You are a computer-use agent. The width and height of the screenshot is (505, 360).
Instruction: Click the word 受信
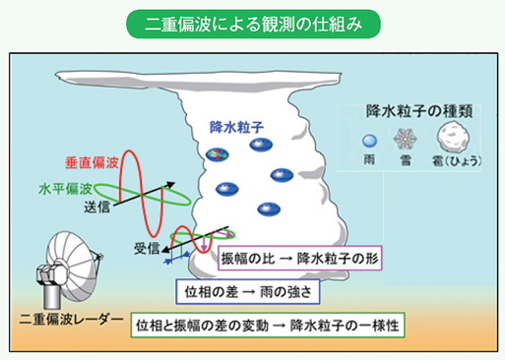click(148, 248)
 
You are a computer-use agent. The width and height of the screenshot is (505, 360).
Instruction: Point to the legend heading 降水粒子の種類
click(414, 111)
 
